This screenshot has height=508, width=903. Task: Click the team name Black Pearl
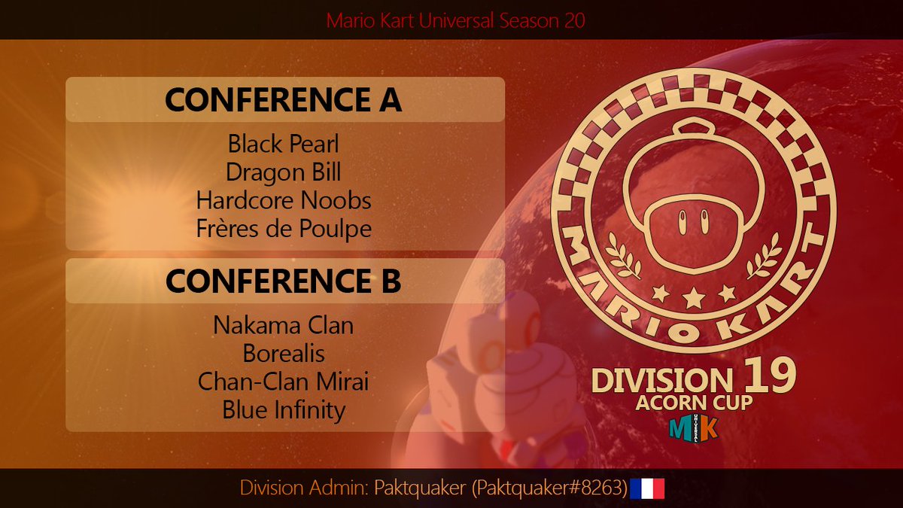point(284,144)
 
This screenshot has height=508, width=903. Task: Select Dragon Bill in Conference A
point(284,172)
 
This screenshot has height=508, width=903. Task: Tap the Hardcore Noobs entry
point(284,201)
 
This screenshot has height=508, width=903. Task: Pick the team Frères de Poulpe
point(284,229)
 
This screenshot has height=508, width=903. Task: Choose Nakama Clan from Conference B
point(284,325)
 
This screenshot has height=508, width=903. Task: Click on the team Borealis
point(284,353)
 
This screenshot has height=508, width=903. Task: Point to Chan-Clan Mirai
point(284,382)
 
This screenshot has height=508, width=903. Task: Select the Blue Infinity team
point(284,410)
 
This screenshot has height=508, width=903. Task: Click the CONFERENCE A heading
point(284,100)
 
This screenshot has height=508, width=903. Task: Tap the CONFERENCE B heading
point(284,281)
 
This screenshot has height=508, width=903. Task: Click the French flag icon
point(647,488)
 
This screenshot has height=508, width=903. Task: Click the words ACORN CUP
point(694,403)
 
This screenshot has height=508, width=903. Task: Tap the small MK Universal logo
point(693,427)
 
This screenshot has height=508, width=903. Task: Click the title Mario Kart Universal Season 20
point(455,20)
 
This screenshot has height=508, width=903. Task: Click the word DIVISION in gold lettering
point(661,380)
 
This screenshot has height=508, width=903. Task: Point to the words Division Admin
point(301,488)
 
